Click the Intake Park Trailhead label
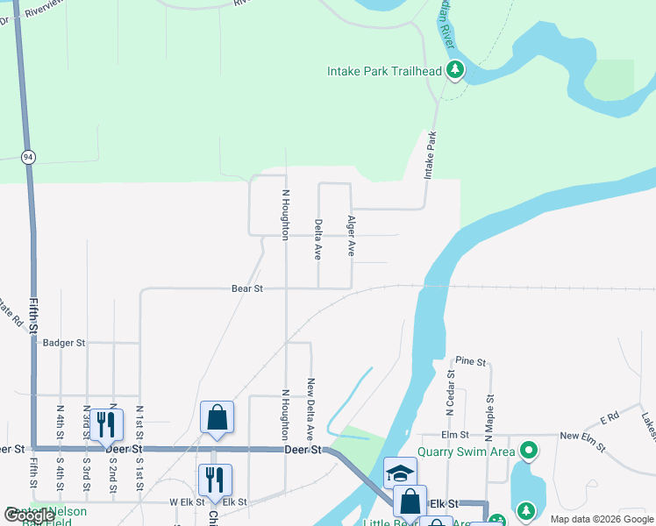384,71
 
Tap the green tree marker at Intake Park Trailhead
455,70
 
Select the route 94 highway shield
29,157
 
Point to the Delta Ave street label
318,239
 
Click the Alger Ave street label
351,235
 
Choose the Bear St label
246,288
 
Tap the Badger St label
64,343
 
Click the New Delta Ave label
310,409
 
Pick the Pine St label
471,360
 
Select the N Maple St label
489,415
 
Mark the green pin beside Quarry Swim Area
528,452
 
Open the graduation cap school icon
400,473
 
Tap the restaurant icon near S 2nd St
106,424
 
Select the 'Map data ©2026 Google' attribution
601,519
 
